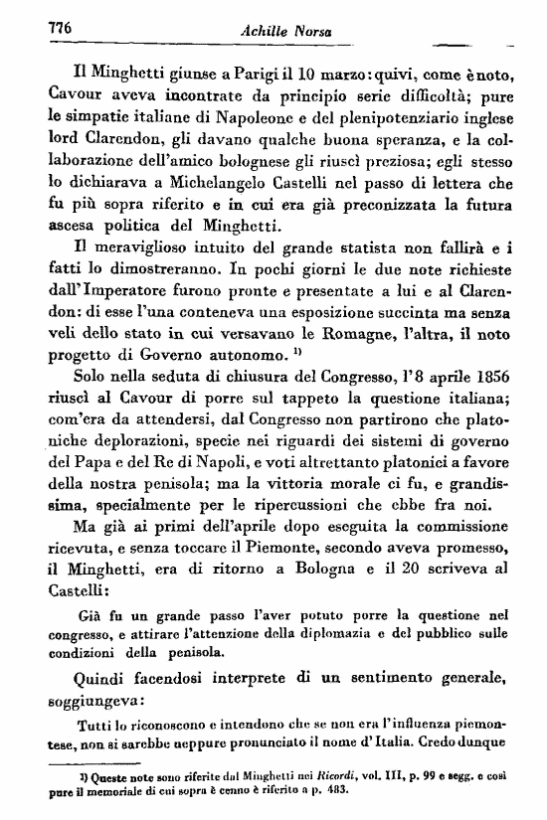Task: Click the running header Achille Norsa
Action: [x=282, y=32]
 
